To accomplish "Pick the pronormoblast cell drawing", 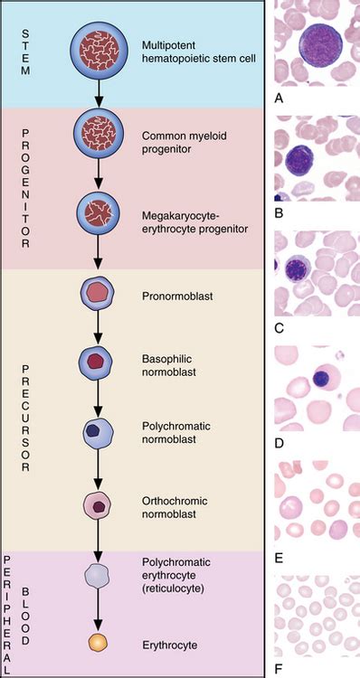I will [96, 293].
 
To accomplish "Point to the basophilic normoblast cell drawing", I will [96, 361].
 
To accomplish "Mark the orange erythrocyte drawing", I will [96, 643].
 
